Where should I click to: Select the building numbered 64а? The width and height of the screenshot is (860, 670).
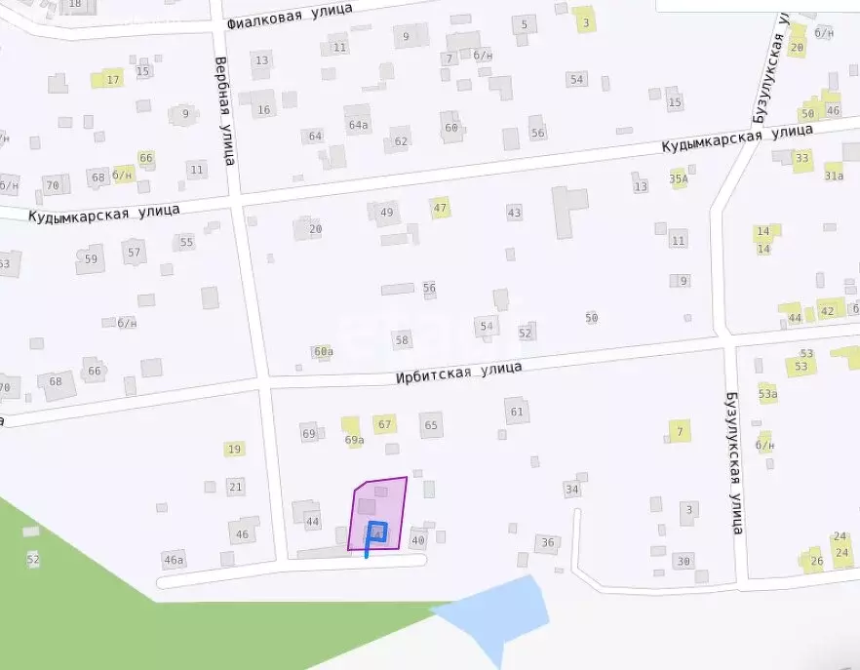(x=358, y=123)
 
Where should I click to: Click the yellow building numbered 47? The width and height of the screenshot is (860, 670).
(x=440, y=208)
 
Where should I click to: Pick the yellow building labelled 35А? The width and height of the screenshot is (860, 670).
(x=679, y=178)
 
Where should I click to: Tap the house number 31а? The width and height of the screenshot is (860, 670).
(x=834, y=176)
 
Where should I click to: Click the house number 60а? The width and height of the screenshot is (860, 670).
(x=323, y=351)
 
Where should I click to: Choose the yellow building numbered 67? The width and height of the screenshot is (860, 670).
(x=384, y=424)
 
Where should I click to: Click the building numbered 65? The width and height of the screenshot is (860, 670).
(x=431, y=424)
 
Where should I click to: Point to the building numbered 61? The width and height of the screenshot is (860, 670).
(x=516, y=412)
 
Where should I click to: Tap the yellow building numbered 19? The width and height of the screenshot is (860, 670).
(x=234, y=449)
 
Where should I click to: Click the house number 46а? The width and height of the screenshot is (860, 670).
(x=174, y=559)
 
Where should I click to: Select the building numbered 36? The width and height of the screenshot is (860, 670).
(x=547, y=543)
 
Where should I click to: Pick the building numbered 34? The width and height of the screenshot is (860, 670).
(x=572, y=489)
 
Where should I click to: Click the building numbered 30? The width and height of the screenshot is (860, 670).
(x=684, y=561)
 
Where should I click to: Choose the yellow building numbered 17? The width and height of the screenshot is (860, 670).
(x=113, y=79)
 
